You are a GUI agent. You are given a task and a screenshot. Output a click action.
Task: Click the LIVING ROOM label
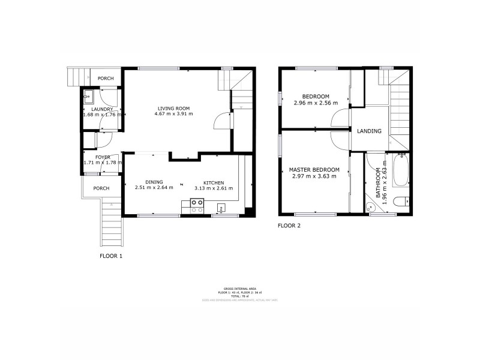(x=173, y=107)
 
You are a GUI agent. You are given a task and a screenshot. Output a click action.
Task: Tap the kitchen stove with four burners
(x=196, y=206)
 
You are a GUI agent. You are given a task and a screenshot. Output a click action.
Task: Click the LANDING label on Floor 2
(x=369, y=131)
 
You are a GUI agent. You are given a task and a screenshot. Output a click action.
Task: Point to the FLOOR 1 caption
(x=111, y=256)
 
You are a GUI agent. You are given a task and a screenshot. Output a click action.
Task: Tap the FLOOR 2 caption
(x=289, y=226)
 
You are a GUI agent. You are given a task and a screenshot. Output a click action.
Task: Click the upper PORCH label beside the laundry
(x=106, y=78)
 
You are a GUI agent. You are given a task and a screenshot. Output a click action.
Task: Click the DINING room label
(x=154, y=182)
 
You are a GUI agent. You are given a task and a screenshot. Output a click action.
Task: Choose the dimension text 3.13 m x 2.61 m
(x=214, y=188)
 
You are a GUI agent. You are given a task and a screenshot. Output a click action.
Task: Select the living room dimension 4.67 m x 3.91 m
(x=173, y=114)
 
